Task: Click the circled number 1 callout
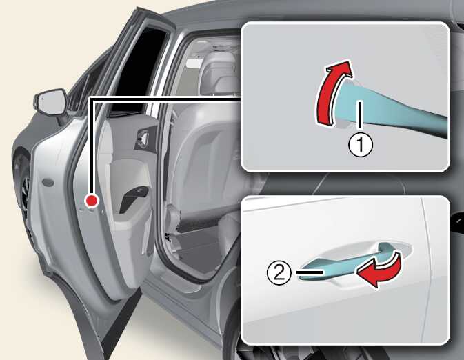[x=361, y=145]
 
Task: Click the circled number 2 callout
[x=279, y=273]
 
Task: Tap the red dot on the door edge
[x=92, y=201]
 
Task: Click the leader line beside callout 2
[x=310, y=272]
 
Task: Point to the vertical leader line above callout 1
[x=360, y=115]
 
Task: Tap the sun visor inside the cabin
[x=195, y=63]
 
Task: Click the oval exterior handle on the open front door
[x=48, y=183]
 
